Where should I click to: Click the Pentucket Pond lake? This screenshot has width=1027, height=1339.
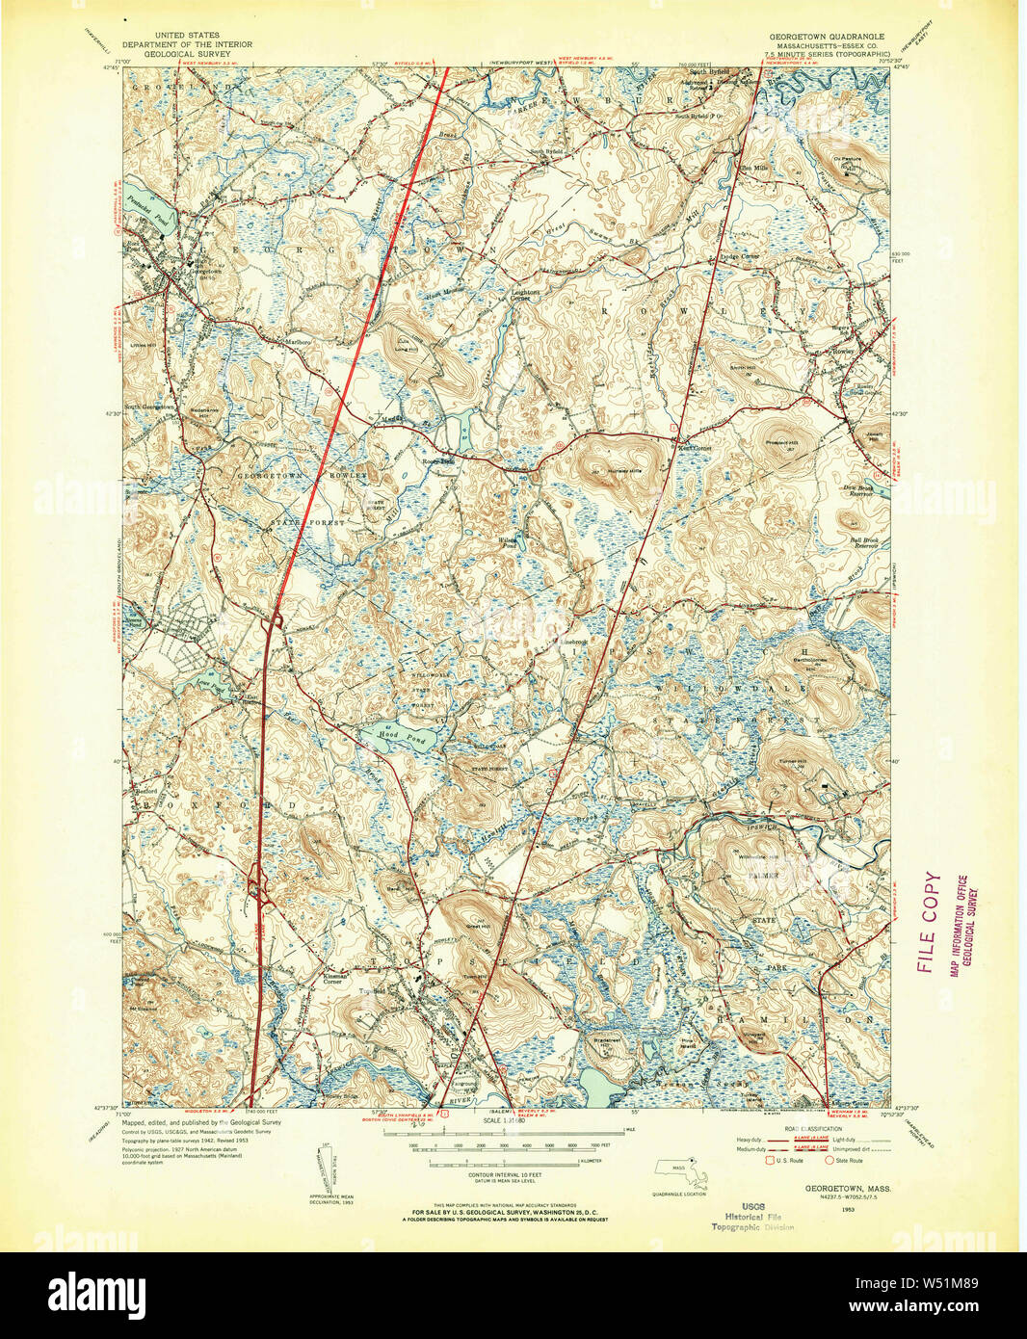[x=145, y=207]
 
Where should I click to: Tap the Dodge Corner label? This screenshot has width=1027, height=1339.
[x=738, y=256]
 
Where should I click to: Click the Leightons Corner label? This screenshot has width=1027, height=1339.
[x=525, y=295]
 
